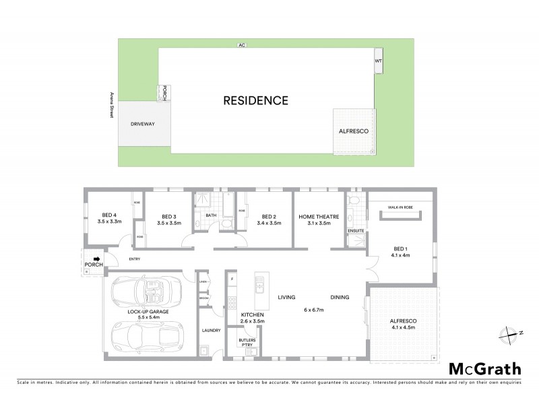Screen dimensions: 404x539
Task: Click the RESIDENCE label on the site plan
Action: click(256, 101)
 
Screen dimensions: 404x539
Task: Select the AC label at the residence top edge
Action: click(241, 46)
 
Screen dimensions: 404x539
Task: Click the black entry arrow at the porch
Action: click(97, 258)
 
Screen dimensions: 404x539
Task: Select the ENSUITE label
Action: click(356, 231)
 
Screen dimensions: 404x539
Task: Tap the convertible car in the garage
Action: click(148, 294)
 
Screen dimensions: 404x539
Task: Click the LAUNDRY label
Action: click(212, 330)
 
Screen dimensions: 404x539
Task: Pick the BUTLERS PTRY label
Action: click(247, 343)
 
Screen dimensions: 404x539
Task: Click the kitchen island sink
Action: click(259, 288)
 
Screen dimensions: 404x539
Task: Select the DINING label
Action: click(340, 297)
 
